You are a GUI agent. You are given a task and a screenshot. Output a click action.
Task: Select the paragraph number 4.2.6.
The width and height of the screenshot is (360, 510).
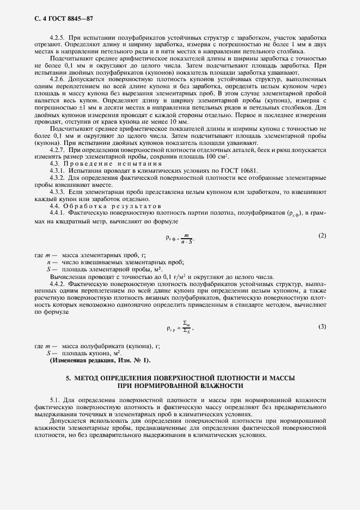57,79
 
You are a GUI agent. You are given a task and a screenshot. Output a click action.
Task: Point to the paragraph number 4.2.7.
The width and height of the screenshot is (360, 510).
57,149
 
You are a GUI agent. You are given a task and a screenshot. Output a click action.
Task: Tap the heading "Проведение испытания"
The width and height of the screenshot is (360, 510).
103,164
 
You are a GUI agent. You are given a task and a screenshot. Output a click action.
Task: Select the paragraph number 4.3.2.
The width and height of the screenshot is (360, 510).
57,179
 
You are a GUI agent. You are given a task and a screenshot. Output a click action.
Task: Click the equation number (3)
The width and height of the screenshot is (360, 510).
322,326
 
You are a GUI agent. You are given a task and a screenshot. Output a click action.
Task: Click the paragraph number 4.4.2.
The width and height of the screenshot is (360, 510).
57,284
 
